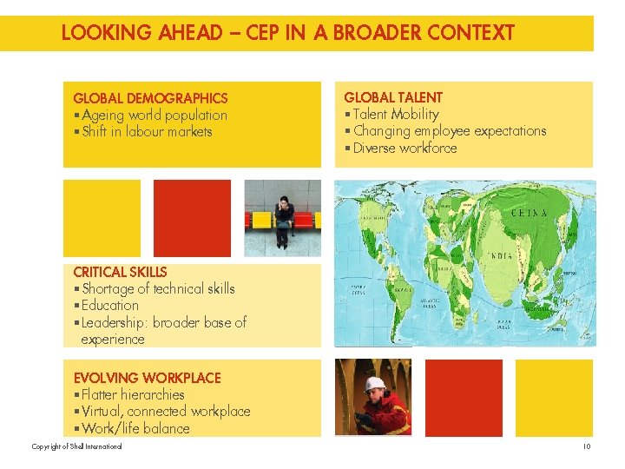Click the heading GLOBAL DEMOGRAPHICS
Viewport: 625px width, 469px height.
[150, 98]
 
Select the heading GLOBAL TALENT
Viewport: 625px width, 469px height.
[393, 97]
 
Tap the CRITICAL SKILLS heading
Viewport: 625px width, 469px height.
[120, 272]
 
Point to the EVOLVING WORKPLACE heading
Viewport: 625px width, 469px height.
[147, 378]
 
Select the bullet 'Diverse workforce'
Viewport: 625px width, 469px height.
[404, 148]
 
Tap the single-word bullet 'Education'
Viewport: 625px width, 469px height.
[109, 306]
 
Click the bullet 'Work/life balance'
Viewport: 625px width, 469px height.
[134, 428]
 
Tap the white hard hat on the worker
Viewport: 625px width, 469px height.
[374, 384]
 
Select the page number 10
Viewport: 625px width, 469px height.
[586, 446]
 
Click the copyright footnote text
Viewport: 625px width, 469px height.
[76, 446]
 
